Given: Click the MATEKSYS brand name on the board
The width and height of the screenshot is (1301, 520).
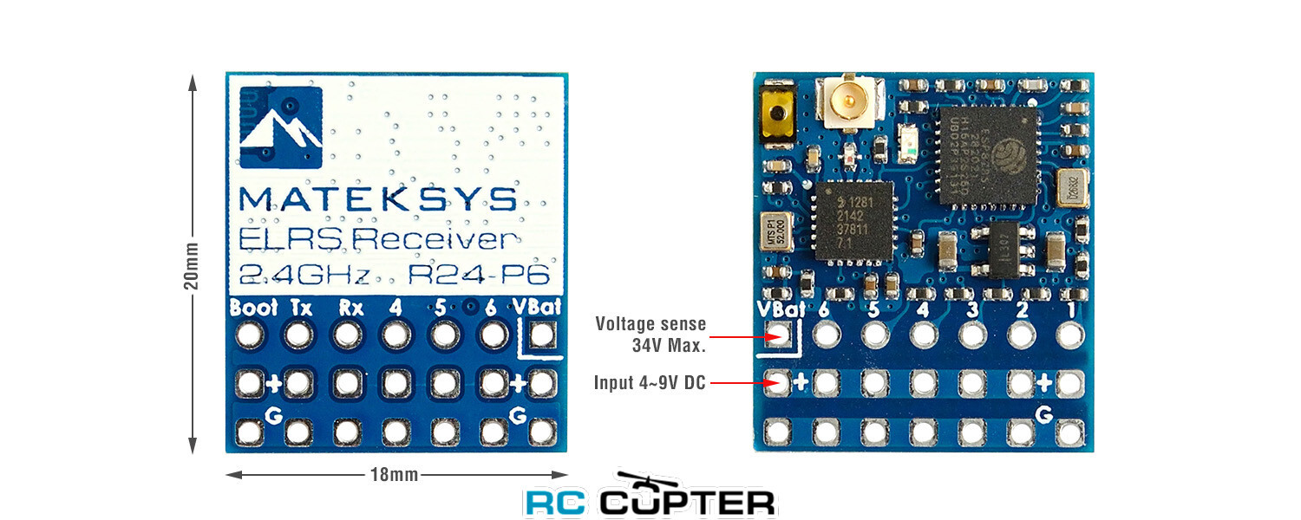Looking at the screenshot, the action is tap(377, 198).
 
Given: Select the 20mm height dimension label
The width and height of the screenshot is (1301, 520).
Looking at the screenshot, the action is tap(193, 264).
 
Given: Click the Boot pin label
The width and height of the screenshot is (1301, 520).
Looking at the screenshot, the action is tap(253, 308).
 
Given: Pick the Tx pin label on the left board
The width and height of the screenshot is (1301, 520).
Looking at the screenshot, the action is tap(301, 308).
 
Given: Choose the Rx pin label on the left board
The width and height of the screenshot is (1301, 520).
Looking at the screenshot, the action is tap(350, 308).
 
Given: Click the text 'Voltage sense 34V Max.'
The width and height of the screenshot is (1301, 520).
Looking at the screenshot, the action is tap(650, 334).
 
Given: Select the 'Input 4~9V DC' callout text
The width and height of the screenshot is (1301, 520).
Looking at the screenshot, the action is tap(650, 382).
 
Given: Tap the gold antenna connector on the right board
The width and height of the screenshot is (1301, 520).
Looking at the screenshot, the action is tap(852, 102).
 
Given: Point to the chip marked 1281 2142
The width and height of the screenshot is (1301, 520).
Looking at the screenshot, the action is tap(854, 223).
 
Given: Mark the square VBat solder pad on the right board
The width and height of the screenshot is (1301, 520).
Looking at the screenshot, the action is tap(778, 333).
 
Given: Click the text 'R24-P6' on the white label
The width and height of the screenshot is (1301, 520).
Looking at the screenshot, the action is tap(480, 276).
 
